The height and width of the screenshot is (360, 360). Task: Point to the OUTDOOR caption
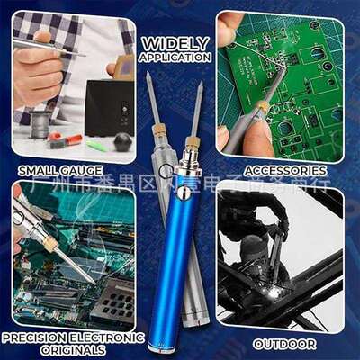coord(283,343)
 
